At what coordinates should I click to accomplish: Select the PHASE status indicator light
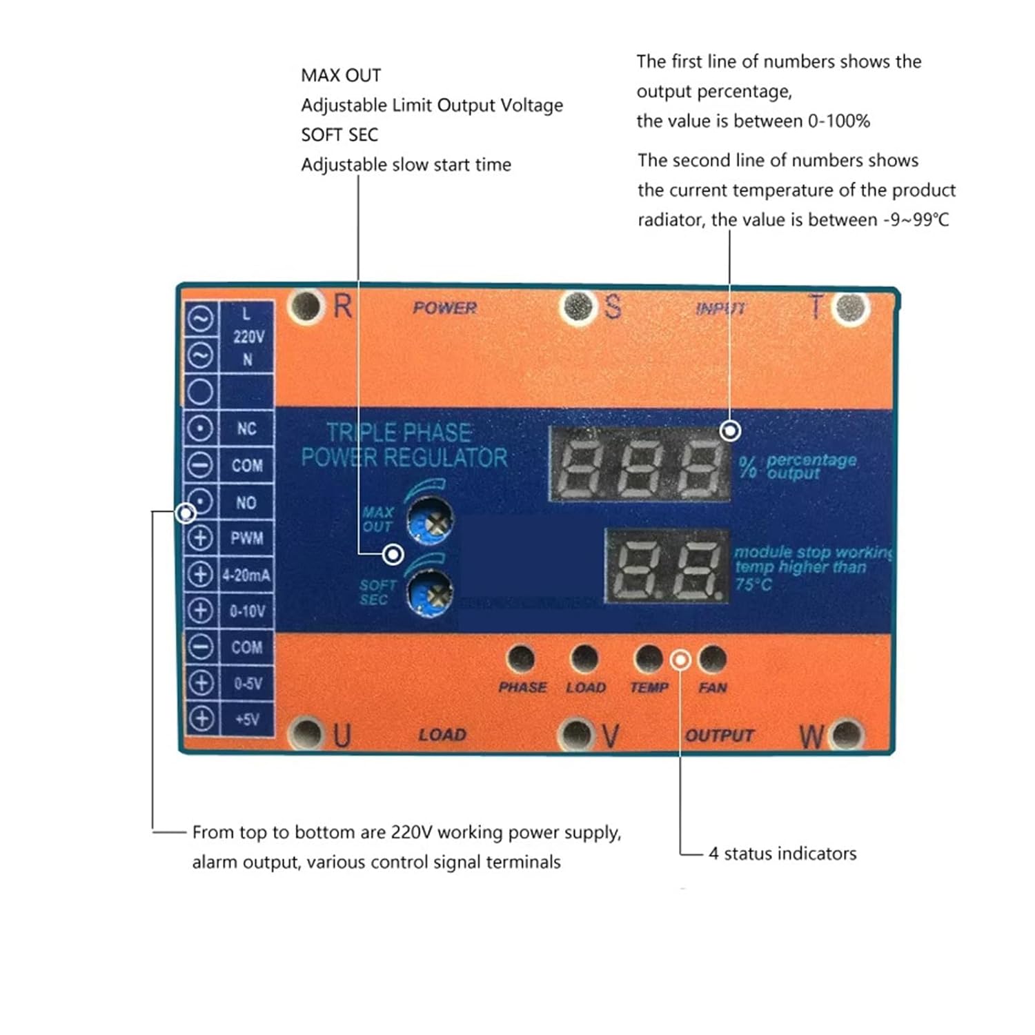520,658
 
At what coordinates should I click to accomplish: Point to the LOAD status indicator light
584,658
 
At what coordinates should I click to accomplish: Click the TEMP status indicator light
648,658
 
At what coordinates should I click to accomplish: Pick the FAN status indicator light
712,658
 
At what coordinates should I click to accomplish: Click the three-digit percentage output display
639,463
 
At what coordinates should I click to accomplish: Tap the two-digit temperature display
667,566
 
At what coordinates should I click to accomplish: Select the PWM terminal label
246,538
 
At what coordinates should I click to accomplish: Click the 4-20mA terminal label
246,575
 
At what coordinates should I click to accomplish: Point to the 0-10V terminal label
246,611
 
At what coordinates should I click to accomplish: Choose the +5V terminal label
246,720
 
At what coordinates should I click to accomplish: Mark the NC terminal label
246,428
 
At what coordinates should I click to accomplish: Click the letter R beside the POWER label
342,306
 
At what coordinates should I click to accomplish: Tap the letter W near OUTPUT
811,737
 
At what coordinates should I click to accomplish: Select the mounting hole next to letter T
850,307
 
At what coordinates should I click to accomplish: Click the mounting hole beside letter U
304,733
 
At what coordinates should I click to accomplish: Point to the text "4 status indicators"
782,854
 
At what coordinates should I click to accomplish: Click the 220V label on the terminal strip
248,337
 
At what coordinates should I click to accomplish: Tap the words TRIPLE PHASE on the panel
399,433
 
